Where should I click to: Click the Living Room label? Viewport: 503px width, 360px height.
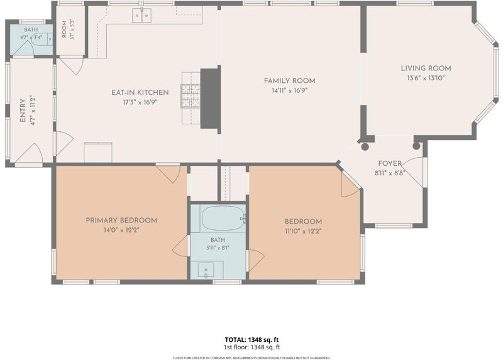pos(426,68)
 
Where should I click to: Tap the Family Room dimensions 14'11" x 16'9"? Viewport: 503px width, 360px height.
pos(290,90)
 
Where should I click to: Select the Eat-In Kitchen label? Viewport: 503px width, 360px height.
pos(140,92)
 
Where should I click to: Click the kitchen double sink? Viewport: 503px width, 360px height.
pos(142,15)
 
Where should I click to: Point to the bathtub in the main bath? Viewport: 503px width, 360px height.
pos(223,218)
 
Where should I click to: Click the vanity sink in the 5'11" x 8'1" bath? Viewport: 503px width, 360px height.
pos(207,270)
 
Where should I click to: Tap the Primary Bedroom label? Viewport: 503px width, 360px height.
pos(121,221)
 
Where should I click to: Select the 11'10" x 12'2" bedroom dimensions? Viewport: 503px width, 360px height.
pos(303,231)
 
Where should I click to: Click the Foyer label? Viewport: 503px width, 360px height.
pos(390,163)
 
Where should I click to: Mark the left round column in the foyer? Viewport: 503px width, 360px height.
pos(365,146)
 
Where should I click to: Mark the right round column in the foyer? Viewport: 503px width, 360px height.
pos(416,146)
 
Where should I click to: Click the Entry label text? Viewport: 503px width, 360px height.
pos(23,111)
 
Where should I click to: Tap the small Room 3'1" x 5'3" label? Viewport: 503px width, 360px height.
pos(64,30)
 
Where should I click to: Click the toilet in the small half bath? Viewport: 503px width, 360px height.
pos(42,39)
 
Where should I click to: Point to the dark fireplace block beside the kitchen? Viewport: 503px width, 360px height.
pos(211,99)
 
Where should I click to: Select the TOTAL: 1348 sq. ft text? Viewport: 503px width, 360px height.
pos(251,340)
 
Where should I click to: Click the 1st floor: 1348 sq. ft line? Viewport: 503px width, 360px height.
pos(251,347)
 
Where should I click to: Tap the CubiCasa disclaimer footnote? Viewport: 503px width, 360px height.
pos(251,357)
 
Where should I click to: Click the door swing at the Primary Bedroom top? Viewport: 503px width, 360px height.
pos(168,173)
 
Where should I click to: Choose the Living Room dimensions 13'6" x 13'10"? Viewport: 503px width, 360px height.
pos(426,77)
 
